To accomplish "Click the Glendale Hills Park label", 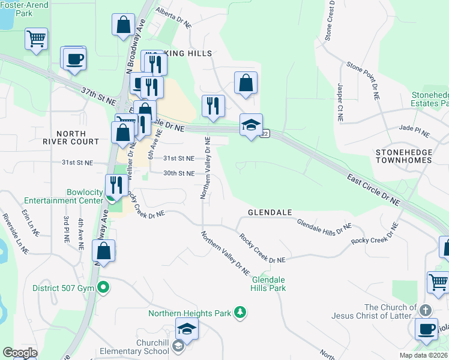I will (x=268, y=284).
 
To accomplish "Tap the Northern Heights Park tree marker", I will (x=240, y=313).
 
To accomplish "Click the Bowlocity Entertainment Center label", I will (x=63, y=196).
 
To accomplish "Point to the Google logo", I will (x=19, y=353).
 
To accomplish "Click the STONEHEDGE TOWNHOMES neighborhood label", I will (x=403, y=157).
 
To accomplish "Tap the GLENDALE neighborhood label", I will (x=270, y=213).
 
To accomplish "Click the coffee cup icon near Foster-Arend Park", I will (x=75, y=59).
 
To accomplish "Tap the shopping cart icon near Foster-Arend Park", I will (x=36, y=39).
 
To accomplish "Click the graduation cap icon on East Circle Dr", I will (x=251, y=125).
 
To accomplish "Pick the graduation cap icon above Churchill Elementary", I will (x=187, y=329).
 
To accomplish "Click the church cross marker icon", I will (x=425, y=310).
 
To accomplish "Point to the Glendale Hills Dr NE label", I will (x=324, y=226).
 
